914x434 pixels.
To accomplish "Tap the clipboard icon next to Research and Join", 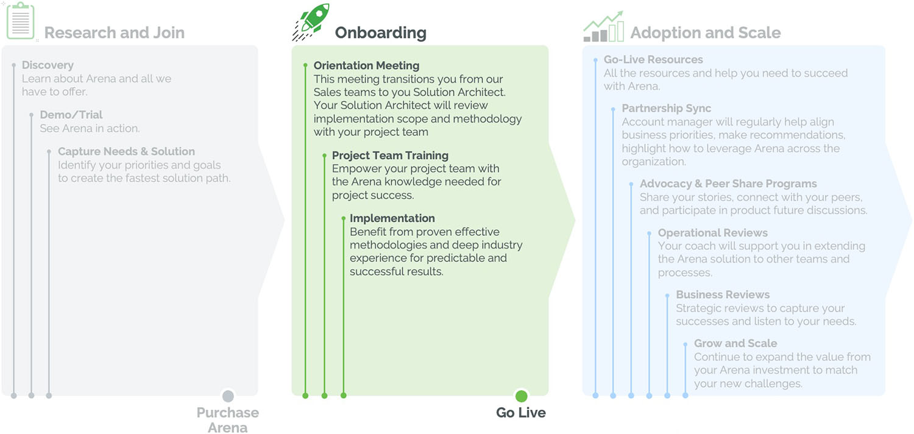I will (21, 21).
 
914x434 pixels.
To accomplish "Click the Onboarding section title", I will (380, 32).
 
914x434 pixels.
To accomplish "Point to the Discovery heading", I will (48, 65).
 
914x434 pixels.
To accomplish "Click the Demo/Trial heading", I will (71, 115).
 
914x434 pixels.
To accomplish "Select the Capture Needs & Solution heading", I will (126, 151).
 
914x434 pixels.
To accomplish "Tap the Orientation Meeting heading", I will (366, 65).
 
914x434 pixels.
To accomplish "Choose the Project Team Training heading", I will (390, 155).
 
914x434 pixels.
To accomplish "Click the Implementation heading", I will (392, 218).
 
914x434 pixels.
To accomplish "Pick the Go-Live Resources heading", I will (653, 60).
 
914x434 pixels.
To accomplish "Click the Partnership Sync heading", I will (666, 108).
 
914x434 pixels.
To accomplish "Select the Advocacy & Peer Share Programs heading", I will (728, 183).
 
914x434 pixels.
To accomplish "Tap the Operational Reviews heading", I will (712, 233).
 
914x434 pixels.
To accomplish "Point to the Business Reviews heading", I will (723, 294).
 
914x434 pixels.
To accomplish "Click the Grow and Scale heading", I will (735, 343).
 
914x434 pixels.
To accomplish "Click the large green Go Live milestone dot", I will (521, 396).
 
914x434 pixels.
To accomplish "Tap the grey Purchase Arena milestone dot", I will (228, 396).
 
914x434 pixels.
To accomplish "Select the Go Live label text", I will (521, 413).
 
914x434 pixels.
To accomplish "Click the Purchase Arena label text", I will (227, 420).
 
